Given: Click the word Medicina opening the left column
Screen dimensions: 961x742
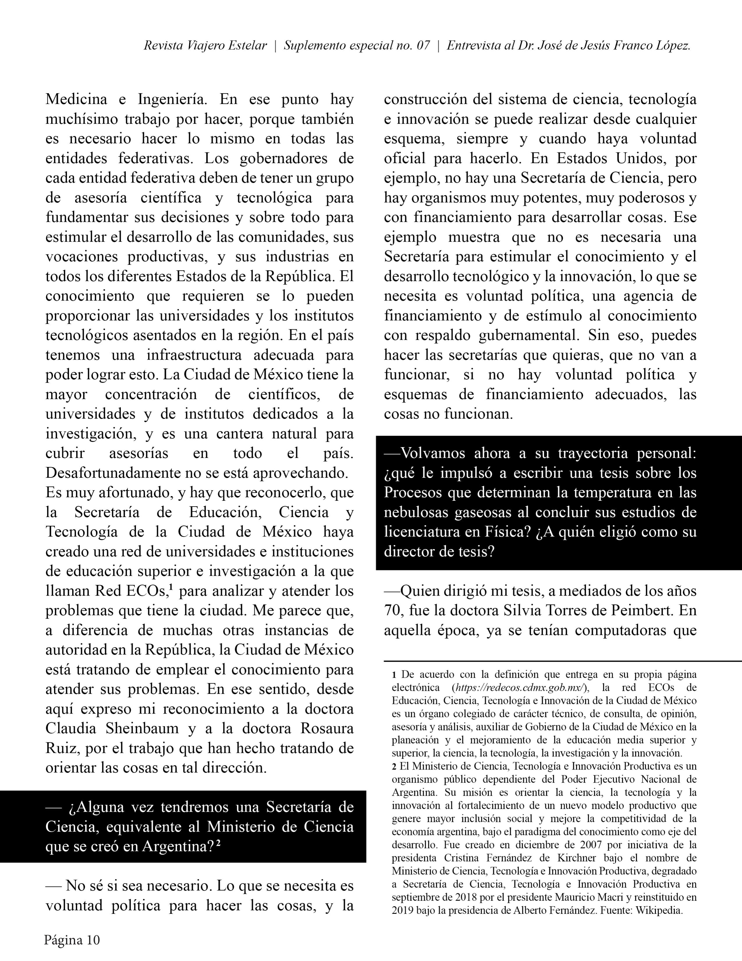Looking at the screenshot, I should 76,100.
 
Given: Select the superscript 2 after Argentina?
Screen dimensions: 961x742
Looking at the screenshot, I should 218,843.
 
